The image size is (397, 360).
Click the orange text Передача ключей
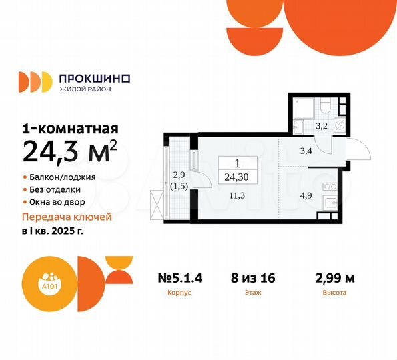67,217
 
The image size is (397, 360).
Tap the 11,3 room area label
235,195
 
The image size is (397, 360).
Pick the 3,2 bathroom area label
321,125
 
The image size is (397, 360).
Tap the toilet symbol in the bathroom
324,107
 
